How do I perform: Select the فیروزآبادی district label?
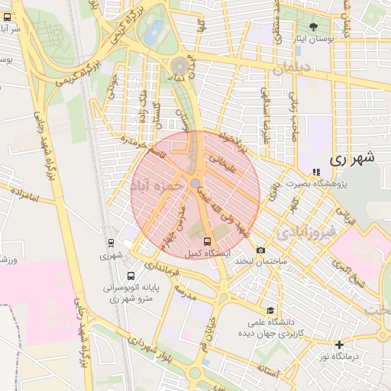305,231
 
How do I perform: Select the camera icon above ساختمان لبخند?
261,250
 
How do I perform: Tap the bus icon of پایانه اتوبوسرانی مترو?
132,276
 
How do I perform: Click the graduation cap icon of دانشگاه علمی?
270,310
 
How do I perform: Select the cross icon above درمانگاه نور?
340,344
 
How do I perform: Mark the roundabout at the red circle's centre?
196,183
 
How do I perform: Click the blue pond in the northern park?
155,31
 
